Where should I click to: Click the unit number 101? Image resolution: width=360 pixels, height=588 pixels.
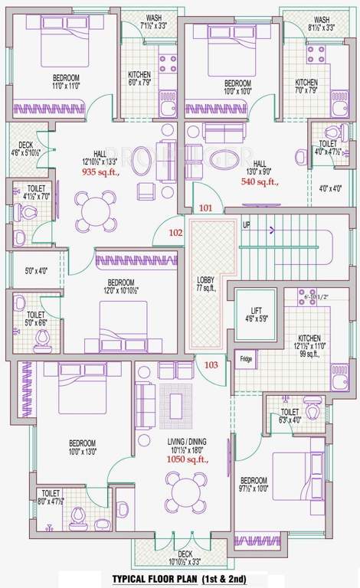tap(205, 207)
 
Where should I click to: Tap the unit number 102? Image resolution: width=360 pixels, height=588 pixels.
tap(175, 232)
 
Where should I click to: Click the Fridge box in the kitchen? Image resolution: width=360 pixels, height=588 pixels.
tap(245, 358)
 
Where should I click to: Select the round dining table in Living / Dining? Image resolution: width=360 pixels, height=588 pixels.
tap(186, 488)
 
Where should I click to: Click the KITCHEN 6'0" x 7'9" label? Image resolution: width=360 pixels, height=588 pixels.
tap(139, 79)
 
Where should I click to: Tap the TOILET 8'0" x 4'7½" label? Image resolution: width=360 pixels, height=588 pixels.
tap(51, 498)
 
